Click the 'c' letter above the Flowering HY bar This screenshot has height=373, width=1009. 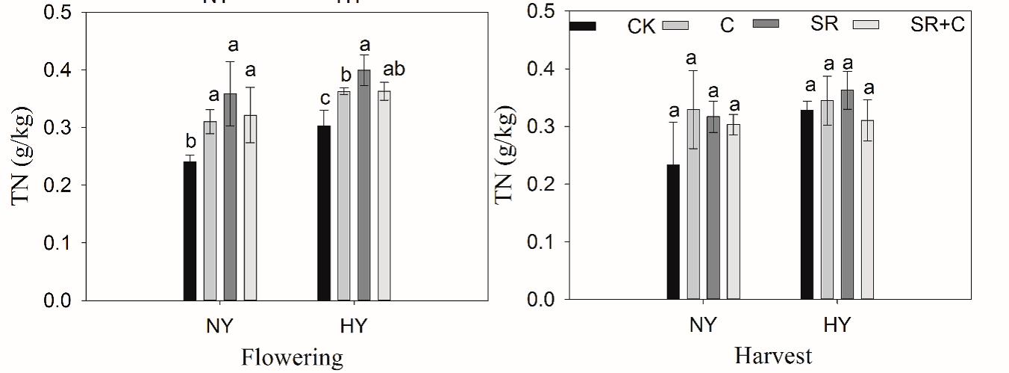pos(323,99)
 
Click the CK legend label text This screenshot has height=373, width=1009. pos(641,28)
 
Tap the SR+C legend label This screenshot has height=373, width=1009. pos(937,25)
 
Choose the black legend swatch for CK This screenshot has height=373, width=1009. pos(583,26)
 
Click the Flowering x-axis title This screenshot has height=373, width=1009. pos(292,357)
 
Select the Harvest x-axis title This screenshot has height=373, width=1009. pos(772,356)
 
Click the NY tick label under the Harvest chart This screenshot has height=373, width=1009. pos(702,325)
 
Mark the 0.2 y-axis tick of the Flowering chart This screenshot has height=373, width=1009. pos(57,185)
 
